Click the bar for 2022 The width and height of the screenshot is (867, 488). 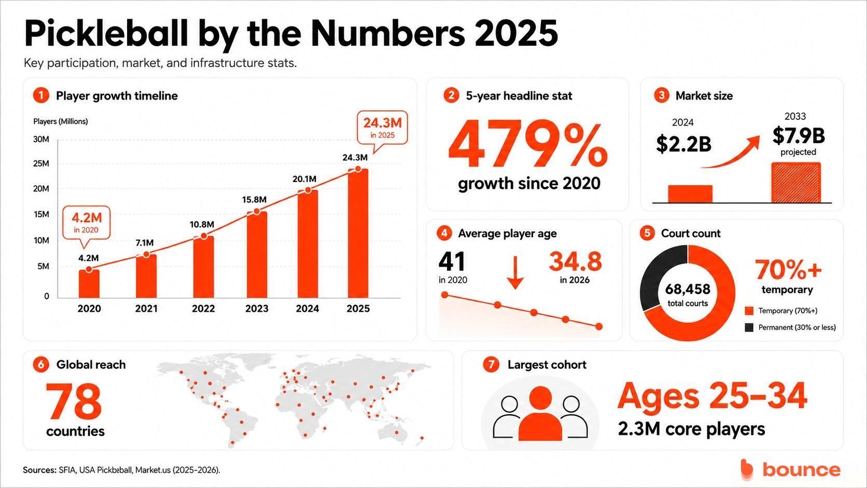click(x=204, y=267)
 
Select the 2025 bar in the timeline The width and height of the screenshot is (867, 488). click(x=358, y=233)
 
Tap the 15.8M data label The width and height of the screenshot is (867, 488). click(x=254, y=200)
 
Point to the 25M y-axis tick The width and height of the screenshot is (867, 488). click(x=41, y=164)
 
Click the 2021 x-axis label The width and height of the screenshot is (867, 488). click(x=146, y=309)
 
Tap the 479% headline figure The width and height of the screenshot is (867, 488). click(x=527, y=145)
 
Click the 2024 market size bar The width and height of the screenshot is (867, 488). click(x=690, y=194)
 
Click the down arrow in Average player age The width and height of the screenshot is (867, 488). click(x=515, y=272)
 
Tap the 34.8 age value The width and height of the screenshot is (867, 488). click(x=575, y=261)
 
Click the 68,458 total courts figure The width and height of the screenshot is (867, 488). click(x=688, y=289)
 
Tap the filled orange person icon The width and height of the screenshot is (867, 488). click(x=540, y=414)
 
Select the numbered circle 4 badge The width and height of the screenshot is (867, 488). click(x=444, y=233)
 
